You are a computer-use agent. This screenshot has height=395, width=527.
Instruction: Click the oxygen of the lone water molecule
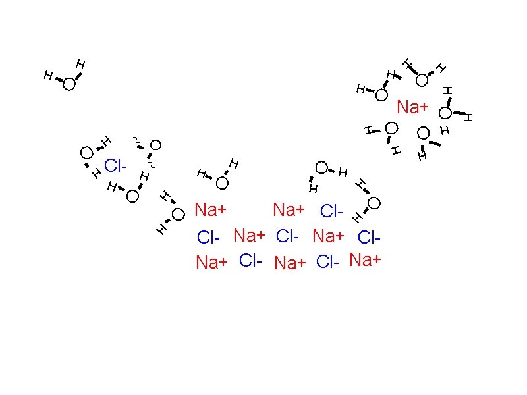[x=69, y=84]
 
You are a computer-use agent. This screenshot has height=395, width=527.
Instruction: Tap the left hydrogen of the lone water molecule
[x=47, y=76]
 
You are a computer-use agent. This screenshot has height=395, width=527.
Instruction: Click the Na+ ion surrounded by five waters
[x=413, y=107]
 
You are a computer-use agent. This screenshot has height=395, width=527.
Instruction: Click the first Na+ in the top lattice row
[x=211, y=211]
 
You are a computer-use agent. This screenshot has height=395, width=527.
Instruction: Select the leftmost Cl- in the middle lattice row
[x=209, y=236]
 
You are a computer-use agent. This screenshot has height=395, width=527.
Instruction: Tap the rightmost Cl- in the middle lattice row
[x=370, y=236]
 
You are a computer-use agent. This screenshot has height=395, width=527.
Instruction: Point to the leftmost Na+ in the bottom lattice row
[x=211, y=263]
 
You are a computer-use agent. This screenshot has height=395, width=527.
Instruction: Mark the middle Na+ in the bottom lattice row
[x=290, y=263]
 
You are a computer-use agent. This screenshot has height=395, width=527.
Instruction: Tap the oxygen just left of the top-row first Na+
[x=179, y=214]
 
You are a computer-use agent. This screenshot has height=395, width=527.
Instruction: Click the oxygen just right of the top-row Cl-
[x=374, y=203]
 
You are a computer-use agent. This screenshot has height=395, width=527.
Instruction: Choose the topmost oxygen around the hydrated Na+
[x=422, y=80]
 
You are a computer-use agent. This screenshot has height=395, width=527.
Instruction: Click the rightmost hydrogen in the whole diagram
[x=468, y=117]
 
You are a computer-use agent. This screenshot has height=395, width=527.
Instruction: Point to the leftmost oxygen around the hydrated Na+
[x=381, y=95]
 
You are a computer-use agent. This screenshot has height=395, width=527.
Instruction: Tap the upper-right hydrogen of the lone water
[x=81, y=64]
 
